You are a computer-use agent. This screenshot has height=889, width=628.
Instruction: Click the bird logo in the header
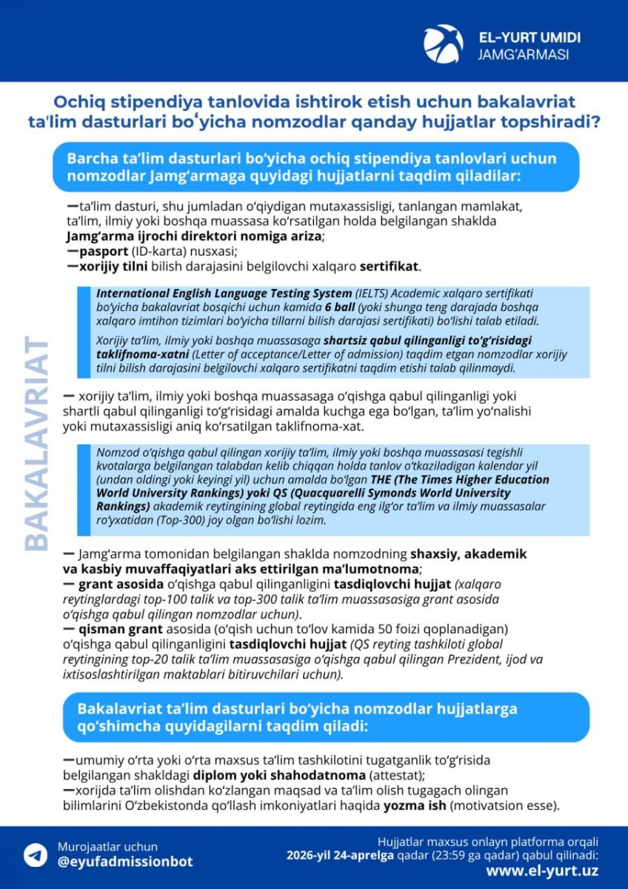[x=443, y=43]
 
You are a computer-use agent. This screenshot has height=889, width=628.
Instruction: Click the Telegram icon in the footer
[x=35, y=854]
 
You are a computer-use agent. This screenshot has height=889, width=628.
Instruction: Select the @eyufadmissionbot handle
[x=125, y=862]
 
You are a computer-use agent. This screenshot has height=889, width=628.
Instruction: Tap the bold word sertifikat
[x=390, y=265]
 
